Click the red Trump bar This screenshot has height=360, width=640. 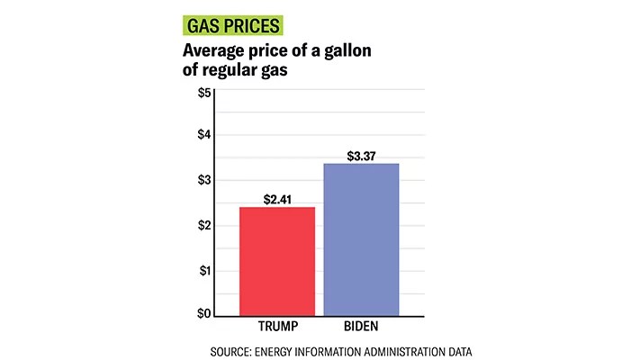tap(276, 261)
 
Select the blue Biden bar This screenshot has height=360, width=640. tap(361, 239)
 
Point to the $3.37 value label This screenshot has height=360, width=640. tap(361, 156)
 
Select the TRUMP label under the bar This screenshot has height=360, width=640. tap(277, 324)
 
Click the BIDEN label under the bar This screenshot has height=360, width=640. tap(360, 324)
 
